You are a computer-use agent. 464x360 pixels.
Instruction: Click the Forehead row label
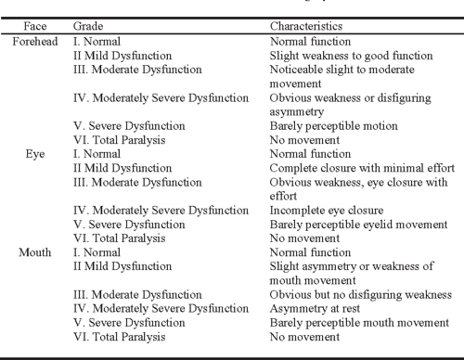pos(36,43)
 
